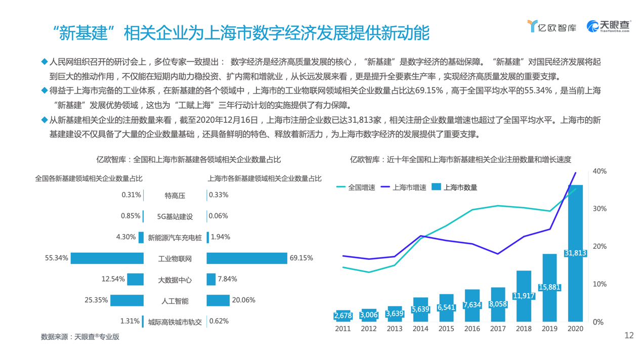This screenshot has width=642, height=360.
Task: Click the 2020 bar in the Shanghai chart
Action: click(x=575, y=253)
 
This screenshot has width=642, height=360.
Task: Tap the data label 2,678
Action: click(x=343, y=316)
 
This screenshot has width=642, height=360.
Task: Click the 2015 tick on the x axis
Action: click(x=446, y=329)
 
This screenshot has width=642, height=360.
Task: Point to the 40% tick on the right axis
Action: click(x=600, y=171)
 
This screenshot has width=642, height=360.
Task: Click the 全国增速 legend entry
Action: click(x=356, y=187)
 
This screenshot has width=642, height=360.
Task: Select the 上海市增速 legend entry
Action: click(x=403, y=187)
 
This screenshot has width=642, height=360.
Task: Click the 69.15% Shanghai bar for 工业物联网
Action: click(x=247, y=258)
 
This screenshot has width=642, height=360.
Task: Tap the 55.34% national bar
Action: click(x=107, y=258)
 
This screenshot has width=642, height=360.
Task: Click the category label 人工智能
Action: click(x=175, y=301)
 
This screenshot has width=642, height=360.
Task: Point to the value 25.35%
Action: click(x=96, y=300)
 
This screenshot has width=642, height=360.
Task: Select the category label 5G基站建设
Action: click(x=175, y=216)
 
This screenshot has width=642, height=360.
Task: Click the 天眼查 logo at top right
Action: click(x=608, y=26)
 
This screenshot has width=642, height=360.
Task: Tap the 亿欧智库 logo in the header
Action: click(x=551, y=27)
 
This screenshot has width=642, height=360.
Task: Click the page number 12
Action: click(x=629, y=336)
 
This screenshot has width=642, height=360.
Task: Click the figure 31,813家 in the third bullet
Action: click(x=366, y=120)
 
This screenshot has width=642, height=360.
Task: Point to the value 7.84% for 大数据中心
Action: click(x=227, y=279)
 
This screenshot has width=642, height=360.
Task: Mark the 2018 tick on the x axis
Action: click(x=524, y=329)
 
